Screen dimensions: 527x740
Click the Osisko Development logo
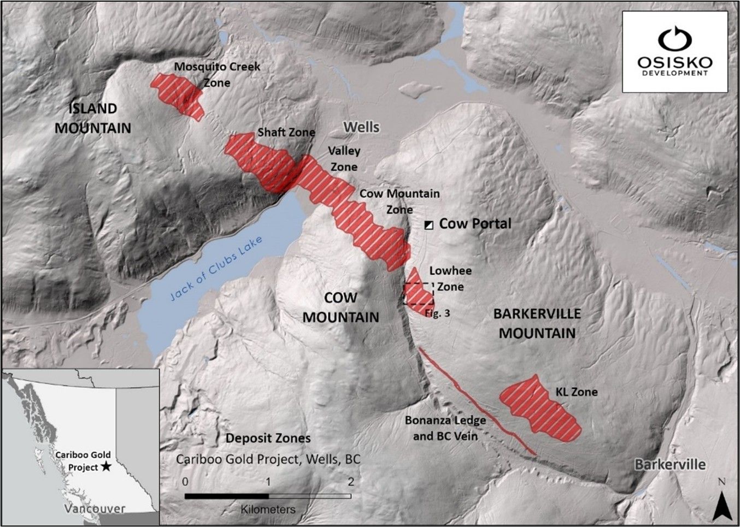676,51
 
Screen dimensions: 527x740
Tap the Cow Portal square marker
430,224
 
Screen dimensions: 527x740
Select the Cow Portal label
475,223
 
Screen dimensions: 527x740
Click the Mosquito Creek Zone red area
179,94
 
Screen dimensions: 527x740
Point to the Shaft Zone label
286,132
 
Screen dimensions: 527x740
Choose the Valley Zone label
343,159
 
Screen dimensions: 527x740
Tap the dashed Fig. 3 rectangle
419,294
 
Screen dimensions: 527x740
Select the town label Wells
361,127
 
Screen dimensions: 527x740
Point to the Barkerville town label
670,465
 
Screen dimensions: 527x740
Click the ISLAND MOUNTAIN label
93,118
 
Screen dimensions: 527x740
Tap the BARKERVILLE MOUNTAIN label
537,323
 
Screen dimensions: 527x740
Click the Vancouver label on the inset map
94,508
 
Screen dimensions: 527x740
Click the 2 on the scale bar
351,482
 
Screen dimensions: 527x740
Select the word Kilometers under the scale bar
268,509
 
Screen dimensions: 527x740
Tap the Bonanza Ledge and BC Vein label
445,428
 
